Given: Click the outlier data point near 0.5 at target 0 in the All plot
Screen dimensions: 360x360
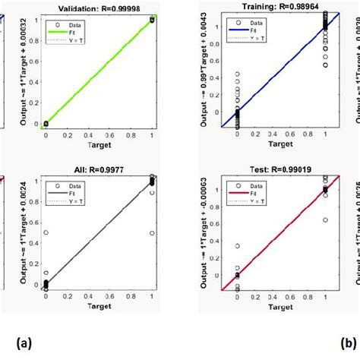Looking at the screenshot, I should [46, 232].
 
